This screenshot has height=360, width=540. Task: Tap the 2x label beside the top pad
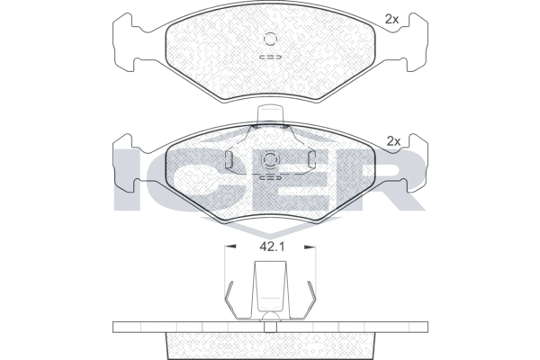(391, 20)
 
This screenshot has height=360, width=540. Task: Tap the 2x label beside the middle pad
(393, 141)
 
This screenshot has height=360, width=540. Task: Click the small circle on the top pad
(270, 39)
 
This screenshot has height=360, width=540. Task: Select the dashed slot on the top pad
(270, 57)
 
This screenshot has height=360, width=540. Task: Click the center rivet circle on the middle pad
(270, 159)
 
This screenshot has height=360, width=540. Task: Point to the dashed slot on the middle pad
(270, 178)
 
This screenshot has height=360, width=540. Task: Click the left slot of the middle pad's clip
(229, 159)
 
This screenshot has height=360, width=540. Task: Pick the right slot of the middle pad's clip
(311, 159)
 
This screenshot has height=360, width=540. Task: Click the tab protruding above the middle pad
(270, 114)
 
